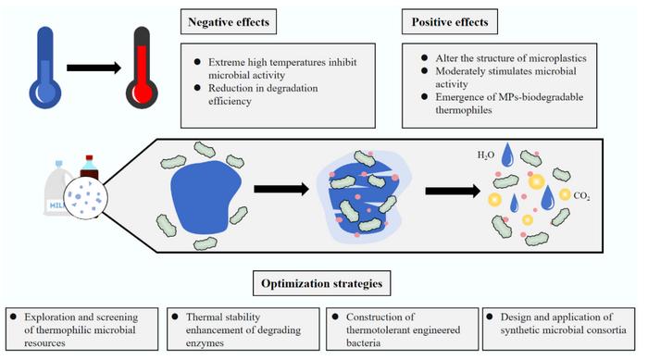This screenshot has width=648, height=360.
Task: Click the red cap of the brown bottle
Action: click(x=89, y=159)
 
